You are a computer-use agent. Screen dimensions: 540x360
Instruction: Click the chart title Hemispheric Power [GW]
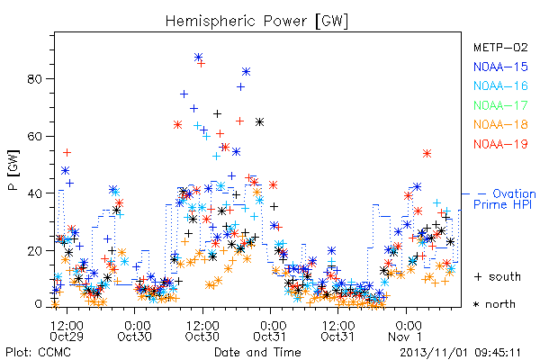[256, 22]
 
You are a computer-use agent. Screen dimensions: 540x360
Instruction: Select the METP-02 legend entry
[500, 47]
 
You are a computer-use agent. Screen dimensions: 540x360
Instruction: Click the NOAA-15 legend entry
[500, 67]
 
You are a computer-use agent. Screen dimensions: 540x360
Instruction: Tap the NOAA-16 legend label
[500, 85]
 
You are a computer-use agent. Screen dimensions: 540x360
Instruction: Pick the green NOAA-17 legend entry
[500, 105]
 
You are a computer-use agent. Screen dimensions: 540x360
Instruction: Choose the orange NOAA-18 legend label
[500, 124]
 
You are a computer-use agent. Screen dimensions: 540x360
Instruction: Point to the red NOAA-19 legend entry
[500, 144]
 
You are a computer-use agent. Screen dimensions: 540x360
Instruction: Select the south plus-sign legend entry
[498, 276]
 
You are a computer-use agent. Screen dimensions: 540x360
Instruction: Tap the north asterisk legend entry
[494, 304]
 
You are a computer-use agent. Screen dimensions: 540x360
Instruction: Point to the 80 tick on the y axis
[34, 79]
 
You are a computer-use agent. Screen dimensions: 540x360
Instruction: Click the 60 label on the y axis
[34, 136]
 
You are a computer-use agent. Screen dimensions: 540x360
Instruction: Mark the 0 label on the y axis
[38, 304]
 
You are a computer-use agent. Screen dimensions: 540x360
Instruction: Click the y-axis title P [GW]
[13, 170]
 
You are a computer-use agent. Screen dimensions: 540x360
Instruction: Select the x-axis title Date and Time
[257, 352]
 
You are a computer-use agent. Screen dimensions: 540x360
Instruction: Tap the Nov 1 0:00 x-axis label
[407, 331]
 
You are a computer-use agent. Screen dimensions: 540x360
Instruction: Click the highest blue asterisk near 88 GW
[198, 57]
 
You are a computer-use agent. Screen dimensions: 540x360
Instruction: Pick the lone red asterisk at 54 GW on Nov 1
[427, 154]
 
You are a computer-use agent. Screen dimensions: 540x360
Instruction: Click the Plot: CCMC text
[38, 352]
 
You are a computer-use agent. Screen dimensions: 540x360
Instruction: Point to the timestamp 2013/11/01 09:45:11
[460, 353]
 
